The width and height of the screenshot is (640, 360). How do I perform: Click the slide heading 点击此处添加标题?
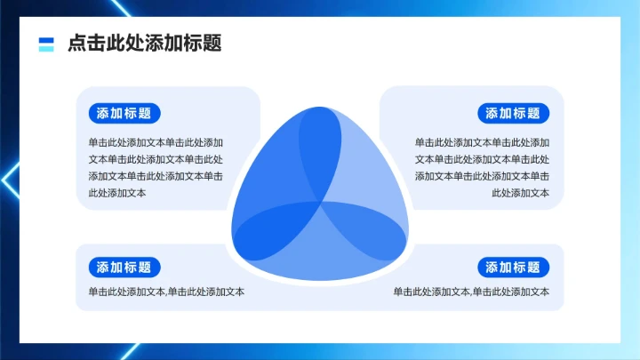(144, 44)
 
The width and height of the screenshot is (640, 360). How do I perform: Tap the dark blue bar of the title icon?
(47, 40)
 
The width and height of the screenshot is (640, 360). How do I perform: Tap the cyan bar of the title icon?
(47, 48)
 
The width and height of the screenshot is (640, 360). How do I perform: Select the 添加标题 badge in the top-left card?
(124, 113)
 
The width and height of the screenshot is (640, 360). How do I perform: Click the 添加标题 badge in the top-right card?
(513, 113)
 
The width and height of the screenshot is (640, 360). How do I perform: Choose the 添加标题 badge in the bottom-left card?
(124, 268)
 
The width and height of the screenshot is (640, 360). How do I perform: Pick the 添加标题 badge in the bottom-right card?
(513, 268)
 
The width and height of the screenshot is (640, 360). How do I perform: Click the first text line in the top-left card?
(156, 142)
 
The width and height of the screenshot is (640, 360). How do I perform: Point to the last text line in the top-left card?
(117, 193)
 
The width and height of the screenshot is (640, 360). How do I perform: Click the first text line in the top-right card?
(482, 142)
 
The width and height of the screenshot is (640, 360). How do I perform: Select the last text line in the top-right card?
(520, 193)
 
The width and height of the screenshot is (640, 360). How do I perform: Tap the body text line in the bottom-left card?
(166, 292)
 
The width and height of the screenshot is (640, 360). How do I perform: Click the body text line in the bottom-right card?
(471, 292)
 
